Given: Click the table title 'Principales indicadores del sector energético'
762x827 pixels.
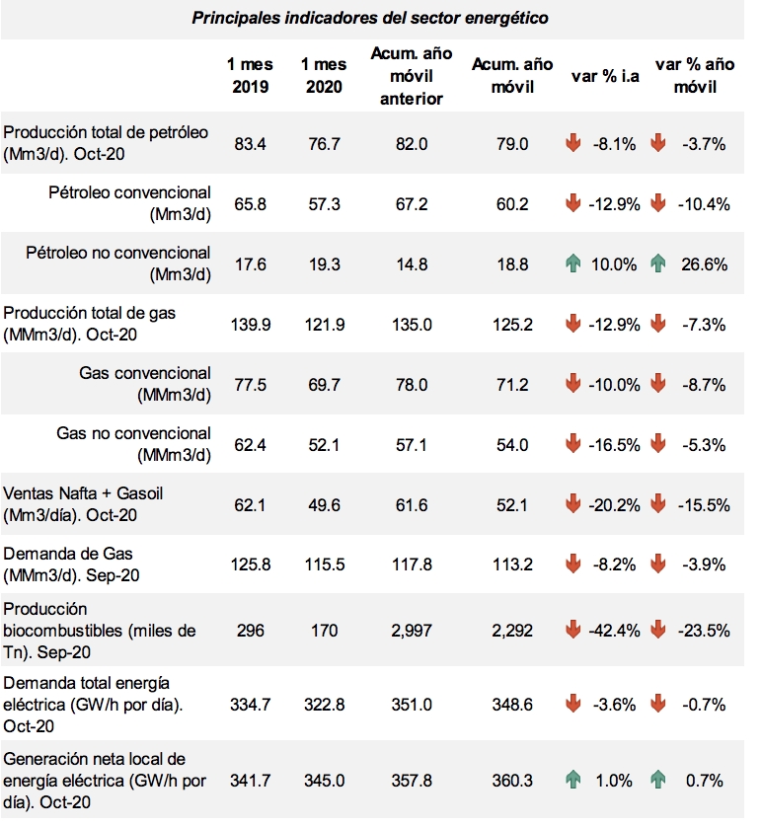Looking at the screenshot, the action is tap(370, 18).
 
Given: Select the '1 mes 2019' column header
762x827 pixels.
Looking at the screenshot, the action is tap(250, 75).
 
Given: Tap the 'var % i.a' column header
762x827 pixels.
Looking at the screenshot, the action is tap(605, 76).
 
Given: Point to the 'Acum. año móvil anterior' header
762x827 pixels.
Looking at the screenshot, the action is tap(412, 76).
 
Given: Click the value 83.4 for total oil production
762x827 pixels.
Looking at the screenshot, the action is tap(250, 144).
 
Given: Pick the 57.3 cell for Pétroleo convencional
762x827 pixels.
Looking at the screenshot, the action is tap(324, 204).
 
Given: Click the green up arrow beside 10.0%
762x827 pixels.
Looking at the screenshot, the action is tap(573, 263).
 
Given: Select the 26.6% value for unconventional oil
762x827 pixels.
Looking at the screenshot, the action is tap(704, 264).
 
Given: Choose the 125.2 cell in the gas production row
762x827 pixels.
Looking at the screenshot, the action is tap(512, 325).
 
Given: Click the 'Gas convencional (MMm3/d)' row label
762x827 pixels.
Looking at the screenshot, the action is tap(145, 384).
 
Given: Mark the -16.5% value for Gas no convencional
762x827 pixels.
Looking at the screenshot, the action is tap(614, 445).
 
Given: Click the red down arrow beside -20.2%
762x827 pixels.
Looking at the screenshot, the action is tap(573, 503).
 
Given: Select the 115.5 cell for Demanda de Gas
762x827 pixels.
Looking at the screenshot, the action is tap(325, 564).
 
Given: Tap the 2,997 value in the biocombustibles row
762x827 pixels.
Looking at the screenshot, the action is tap(412, 631).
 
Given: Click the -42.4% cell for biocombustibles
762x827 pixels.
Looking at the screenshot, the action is tap(614, 631).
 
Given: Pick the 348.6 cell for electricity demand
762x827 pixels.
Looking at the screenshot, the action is tap(512, 705).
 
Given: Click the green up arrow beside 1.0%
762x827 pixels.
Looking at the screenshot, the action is tap(573, 779).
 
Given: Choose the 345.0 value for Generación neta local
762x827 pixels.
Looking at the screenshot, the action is tap(325, 781).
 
